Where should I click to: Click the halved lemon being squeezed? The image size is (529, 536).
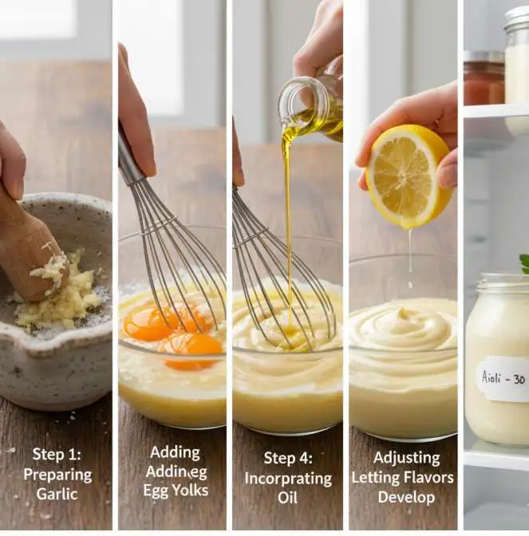point(409,176)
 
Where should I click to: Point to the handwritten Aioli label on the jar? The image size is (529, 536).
point(503,378)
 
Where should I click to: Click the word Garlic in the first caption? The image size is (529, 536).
point(57,494)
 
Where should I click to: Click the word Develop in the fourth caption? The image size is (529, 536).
point(406,496)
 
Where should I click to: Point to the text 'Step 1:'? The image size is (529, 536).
point(57,454)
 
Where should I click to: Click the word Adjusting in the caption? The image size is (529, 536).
point(406,458)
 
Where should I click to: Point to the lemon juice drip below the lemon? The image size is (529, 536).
point(410,255)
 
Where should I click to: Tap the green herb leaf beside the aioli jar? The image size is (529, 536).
point(524,262)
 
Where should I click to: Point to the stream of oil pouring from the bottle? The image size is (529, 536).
point(288,199)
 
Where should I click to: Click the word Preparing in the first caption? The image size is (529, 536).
point(57,474)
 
